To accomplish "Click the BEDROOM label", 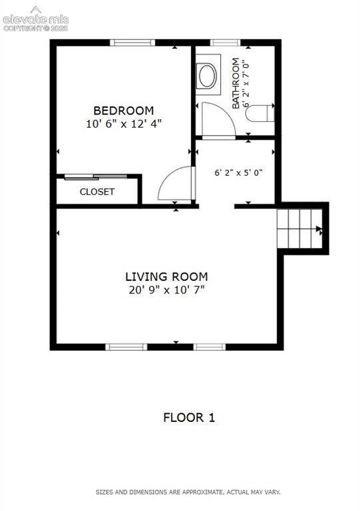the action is [124, 110].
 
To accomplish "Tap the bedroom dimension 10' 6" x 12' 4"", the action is [124, 124].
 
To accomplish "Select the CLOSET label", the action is [97, 192].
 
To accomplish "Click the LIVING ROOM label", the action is [166, 277].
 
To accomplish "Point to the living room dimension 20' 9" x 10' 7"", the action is [166, 289].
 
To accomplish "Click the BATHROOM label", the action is [236, 83].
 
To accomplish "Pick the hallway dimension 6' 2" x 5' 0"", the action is [238, 172].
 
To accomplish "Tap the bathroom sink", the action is [208, 75].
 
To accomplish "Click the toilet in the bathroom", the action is [260, 113].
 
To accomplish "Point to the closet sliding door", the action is [96, 177].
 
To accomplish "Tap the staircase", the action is [299, 228].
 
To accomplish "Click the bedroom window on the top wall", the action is [132, 43].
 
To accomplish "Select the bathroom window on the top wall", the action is [225, 43].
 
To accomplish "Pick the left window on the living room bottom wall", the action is [126, 347].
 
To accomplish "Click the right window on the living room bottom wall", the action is [210, 347].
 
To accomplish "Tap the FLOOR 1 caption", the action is [189, 417].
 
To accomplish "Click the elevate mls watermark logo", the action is [35, 19].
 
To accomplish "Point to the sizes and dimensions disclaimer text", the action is [188, 492].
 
